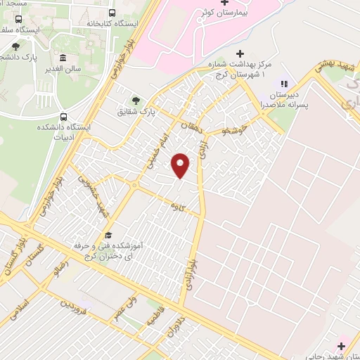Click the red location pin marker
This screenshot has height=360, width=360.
[181, 165]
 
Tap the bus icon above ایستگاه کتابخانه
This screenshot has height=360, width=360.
[112, 13]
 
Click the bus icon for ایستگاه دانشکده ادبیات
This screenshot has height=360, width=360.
[64, 117]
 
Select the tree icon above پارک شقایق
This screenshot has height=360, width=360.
[136, 100]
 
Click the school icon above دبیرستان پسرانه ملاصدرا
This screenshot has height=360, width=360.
[284, 85]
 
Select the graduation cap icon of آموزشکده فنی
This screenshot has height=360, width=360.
[108, 236]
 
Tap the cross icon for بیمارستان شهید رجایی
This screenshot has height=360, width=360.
[341, 346]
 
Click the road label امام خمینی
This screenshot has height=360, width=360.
[156, 148]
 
